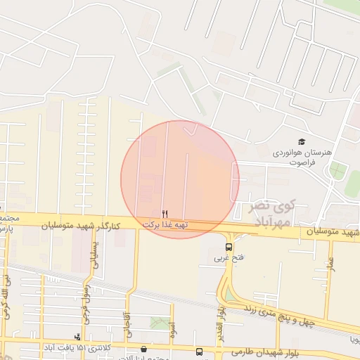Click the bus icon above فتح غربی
click(x=229, y=247)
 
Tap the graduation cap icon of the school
click(x=302, y=142)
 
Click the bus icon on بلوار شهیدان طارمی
click(x=199, y=352)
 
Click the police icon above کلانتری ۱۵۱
click(x=77, y=337)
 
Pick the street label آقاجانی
click(x=127, y=324)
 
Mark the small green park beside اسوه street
click(x=160, y=323)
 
